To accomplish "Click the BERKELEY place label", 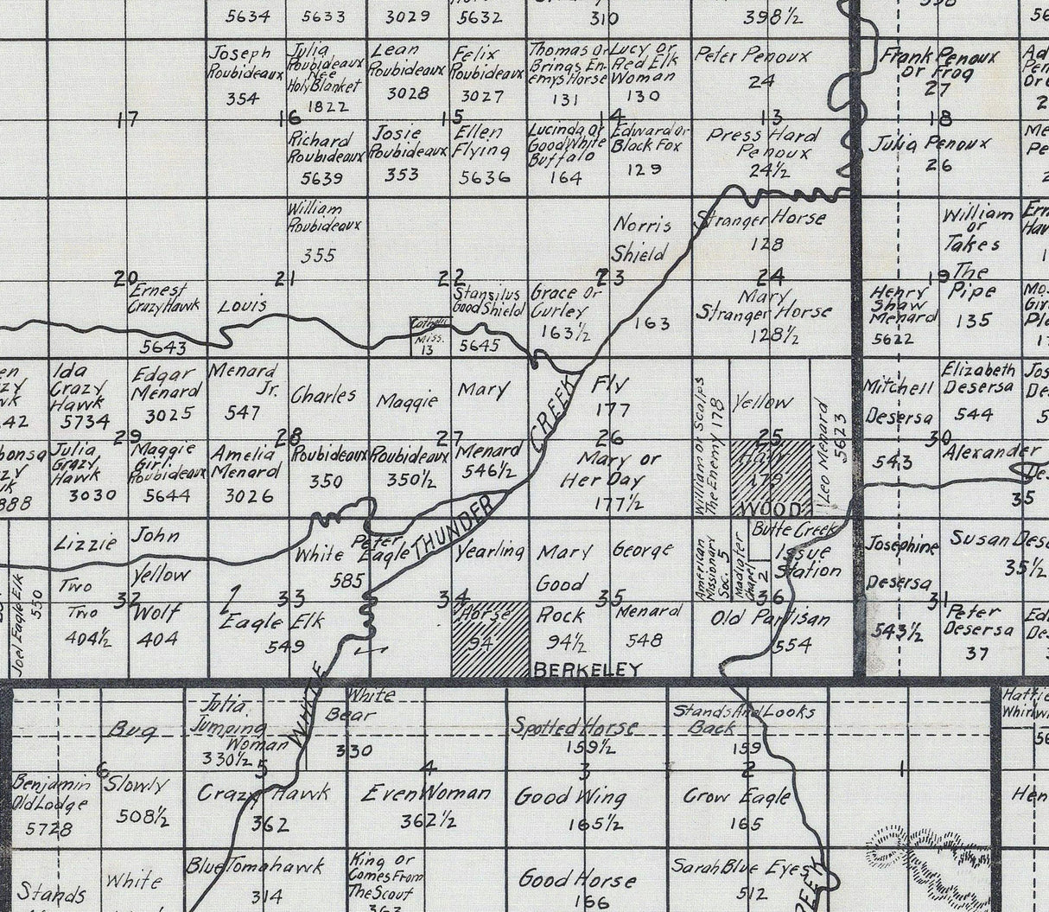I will click(588, 669).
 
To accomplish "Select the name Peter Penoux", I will click(753, 56).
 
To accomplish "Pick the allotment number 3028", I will click(408, 93).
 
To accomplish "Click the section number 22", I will click(450, 277).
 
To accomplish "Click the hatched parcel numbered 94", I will click(489, 640).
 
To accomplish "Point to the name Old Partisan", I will click(770, 619).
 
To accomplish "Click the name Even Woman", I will click(426, 793).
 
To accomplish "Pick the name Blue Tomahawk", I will click(255, 865).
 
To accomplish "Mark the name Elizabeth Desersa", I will click(978, 378).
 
